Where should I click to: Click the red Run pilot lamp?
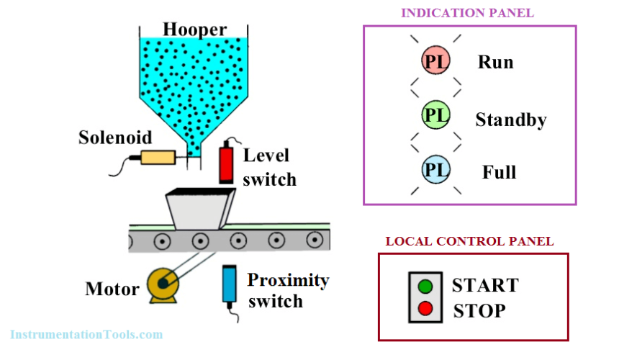point(435,62)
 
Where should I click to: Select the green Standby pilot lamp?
point(435,115)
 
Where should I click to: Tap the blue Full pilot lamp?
point(435,170)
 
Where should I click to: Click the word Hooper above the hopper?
point(194,30)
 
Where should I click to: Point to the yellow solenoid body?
point(158,158)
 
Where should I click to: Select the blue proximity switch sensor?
point(230,284)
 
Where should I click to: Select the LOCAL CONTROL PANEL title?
point(469,241)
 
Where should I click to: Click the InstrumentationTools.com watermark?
point(86,334)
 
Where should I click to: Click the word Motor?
point(112,289)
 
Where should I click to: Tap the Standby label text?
point(510,120)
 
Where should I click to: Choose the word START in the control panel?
point(484,285)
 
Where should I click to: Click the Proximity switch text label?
point(288,289)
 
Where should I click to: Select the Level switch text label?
point(269,167)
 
